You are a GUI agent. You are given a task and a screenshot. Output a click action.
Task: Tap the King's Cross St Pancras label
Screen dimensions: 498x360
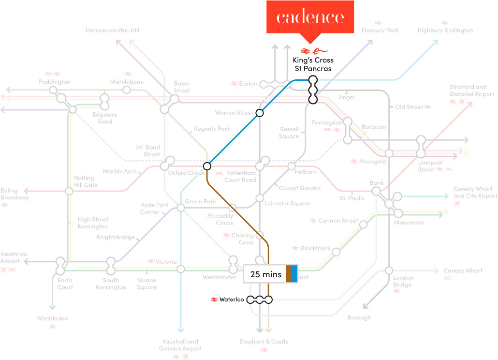coord(313,64)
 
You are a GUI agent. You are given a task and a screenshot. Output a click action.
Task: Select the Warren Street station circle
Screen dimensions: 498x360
coord(260,113)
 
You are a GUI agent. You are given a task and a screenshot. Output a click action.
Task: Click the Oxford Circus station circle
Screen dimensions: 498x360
coord(207,166)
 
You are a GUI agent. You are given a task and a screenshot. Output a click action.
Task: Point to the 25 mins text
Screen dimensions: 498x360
coord(266,274)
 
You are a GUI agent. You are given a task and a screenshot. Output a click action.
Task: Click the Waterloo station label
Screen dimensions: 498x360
coord(232,300)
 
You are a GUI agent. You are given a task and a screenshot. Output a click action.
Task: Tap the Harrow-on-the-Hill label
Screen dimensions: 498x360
coord(113,30)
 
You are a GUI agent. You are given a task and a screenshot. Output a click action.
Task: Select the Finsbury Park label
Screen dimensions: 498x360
coord(380,30)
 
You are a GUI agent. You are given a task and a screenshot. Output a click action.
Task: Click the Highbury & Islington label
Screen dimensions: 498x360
coord(445,30)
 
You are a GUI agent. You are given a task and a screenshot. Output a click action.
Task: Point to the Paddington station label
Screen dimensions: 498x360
coord(54,82)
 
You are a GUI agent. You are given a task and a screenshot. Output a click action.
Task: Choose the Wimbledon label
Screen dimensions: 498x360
coord(52,318)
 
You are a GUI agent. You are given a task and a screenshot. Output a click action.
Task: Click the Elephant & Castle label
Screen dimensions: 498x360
coord(264,342)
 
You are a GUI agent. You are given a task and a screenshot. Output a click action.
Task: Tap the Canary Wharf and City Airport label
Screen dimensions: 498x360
coord(475,192)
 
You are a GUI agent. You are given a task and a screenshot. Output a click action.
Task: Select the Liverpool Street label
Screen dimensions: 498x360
coord(430,166)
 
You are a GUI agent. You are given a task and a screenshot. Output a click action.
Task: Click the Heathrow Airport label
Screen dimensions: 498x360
coord(14,258)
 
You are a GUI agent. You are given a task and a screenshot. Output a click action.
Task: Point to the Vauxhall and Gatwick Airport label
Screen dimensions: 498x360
coord(180,345)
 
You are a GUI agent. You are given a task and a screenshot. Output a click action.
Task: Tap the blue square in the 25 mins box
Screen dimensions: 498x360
coord(294,273)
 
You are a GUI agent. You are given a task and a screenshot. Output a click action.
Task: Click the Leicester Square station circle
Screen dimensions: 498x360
coord(260,198)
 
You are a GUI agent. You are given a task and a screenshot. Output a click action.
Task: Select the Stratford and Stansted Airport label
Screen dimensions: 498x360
coord(471,90)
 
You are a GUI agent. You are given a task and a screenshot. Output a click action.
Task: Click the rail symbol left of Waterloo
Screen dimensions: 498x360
coord(214,300)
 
